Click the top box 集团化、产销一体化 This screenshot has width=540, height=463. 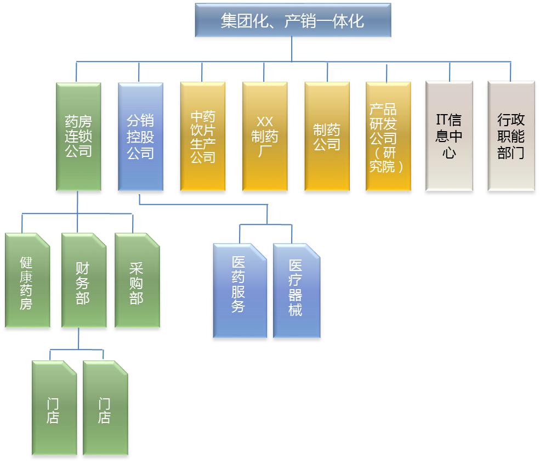coord(292,22)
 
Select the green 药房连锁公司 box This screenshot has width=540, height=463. coord(78,138)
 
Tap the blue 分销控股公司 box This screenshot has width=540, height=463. coord(140,138)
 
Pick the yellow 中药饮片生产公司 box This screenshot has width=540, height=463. coord(203,138)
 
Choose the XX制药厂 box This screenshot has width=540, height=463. coord(265,138)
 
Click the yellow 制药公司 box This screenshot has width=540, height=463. coord(327,138)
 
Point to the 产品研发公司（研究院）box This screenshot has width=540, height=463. coord(388,138)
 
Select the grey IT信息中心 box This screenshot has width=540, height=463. coord(449,138)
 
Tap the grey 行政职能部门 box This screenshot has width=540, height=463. coord(511,138)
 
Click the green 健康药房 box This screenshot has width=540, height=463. coord(27,283)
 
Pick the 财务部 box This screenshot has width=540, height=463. coord(83,283)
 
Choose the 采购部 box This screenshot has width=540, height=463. coord(137,283)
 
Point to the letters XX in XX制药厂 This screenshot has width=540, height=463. coord(265,122)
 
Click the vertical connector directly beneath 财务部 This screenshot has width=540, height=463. coord(78,340)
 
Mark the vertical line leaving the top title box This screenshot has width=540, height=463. coord(292,51)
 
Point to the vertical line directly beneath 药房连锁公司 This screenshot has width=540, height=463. coord(78,203)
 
